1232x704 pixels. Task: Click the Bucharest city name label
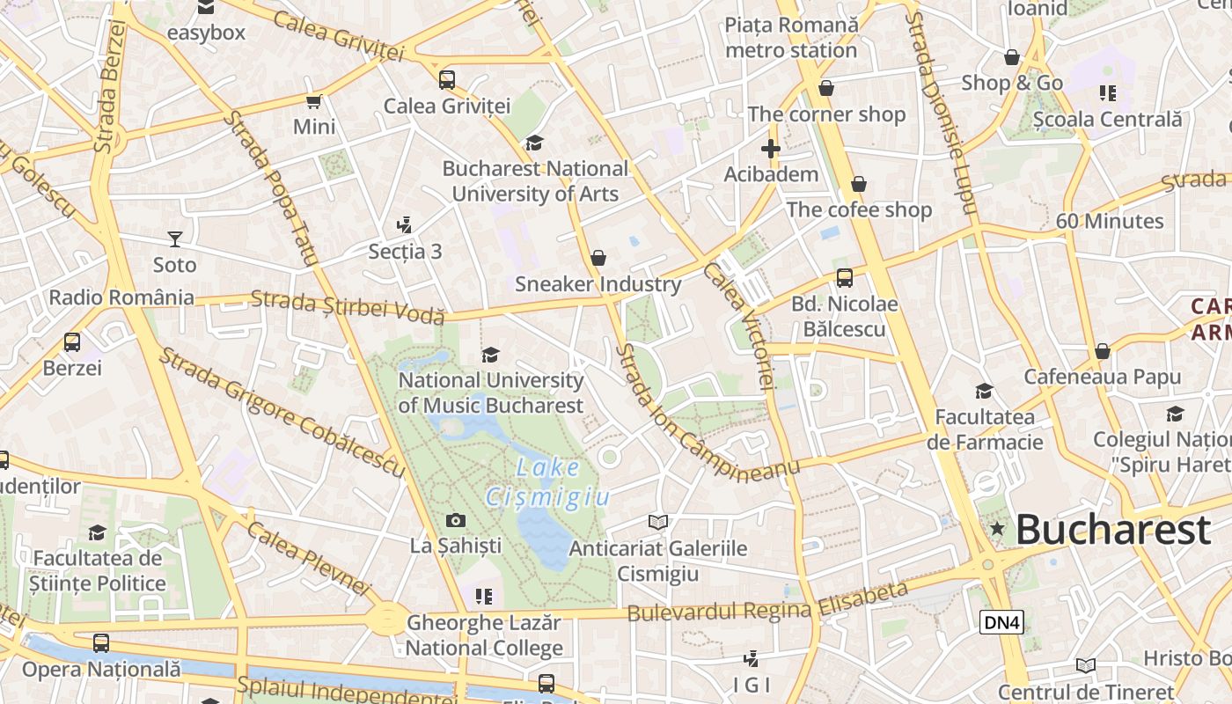pos(1113,530)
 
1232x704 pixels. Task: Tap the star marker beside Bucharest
pos(997,529)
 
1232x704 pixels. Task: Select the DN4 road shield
pos(1001,622)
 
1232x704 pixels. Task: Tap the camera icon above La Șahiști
pos(456,520)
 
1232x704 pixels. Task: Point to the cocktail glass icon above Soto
pos(175,238)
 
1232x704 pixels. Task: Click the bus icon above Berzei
pos(72,341)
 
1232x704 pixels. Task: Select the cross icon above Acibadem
pos(771,149)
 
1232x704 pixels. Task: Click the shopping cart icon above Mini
pos(314,101)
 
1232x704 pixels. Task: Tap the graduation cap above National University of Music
pos(490,355)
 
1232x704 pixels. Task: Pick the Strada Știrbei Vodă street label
pos(348,306)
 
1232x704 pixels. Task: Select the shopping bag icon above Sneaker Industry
pos(598,258)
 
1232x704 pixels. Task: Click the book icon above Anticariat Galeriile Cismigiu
pos(658,522)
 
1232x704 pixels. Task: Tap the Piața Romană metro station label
pos(791,38)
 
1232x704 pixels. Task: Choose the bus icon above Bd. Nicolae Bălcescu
pos(845,278)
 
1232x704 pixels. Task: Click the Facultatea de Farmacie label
pos(985,429)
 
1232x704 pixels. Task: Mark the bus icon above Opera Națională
pos(101,643)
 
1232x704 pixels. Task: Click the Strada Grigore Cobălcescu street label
pos(282,412)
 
